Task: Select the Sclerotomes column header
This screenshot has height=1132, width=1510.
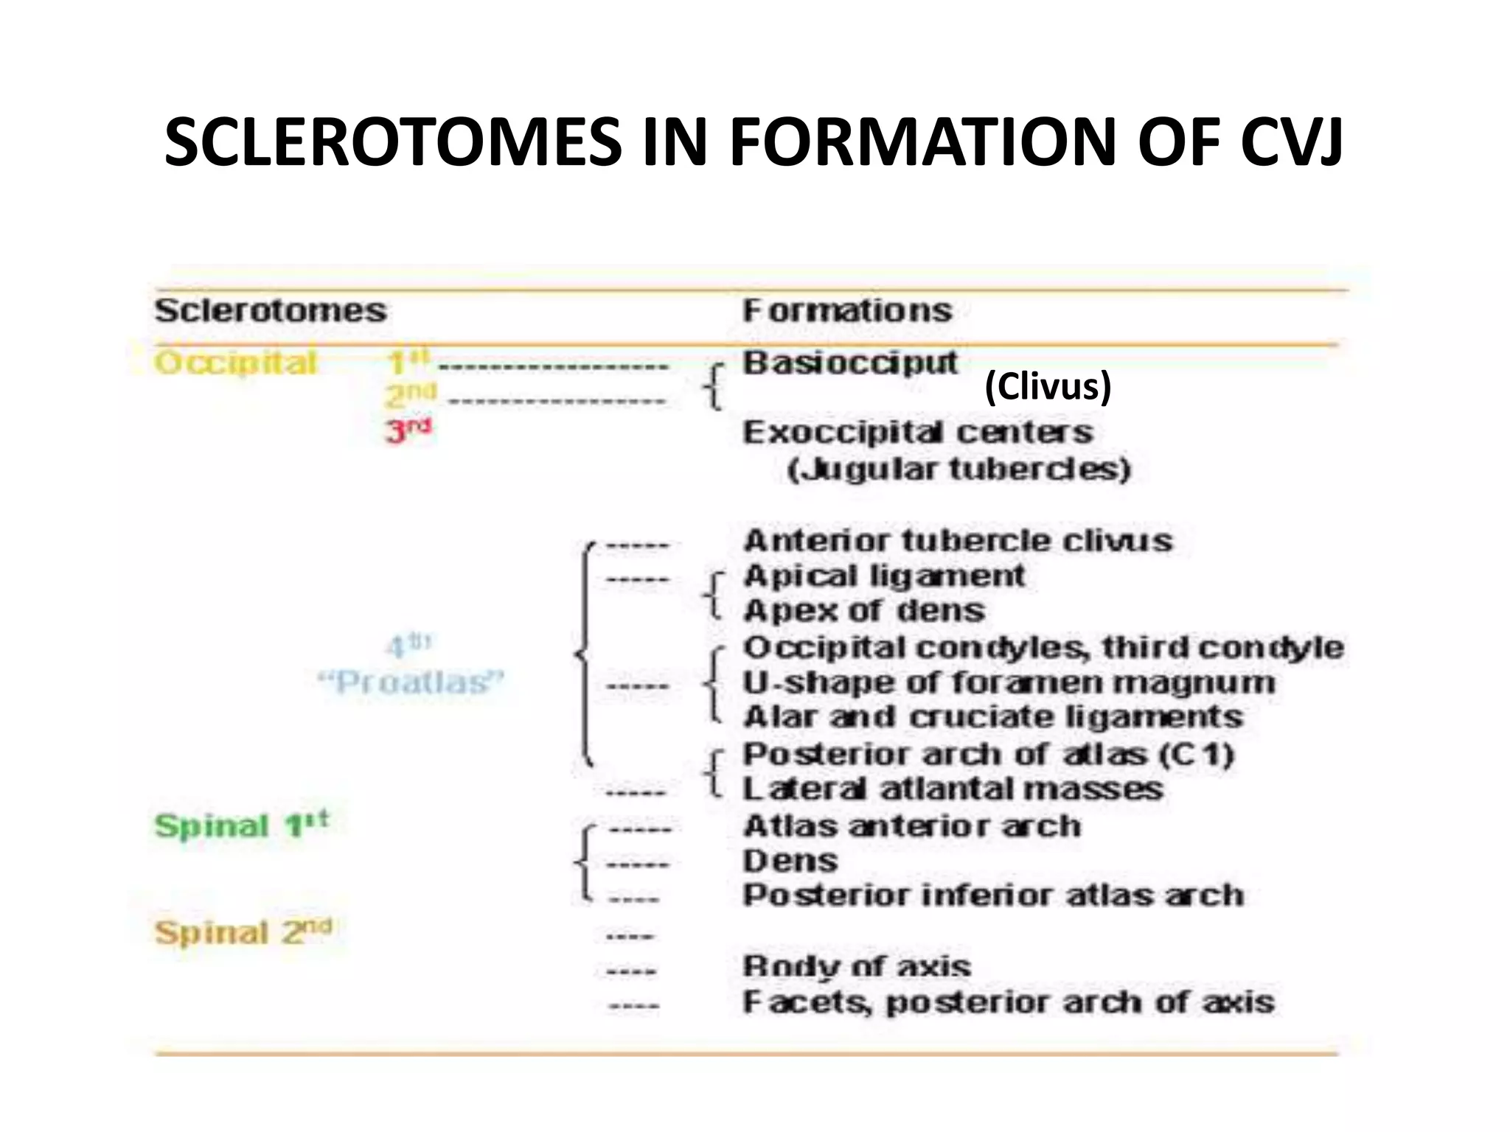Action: pos(270,310)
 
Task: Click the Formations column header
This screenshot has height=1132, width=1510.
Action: pos(847,310)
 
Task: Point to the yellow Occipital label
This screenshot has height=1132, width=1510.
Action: pos(236,363)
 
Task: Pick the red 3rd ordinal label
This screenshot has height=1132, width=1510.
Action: pos(408,430)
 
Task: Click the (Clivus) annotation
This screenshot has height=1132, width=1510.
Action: pos(1048,386)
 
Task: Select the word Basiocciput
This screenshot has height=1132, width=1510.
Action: pos(849,363)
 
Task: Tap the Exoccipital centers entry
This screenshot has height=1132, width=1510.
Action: pos(917,433)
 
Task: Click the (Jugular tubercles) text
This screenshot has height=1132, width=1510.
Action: pos(958,469)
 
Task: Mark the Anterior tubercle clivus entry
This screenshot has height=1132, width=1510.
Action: pos(958,541)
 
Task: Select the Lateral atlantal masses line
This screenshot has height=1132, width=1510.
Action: pos(953,789)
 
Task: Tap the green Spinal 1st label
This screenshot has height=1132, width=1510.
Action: pos(241,825)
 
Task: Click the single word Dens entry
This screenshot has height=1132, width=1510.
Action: pos(790,861)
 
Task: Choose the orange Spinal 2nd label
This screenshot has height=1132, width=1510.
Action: pos(243,933)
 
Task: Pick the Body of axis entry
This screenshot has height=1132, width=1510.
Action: pos(857,966)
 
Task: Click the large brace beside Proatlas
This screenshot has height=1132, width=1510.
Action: pos(585,654)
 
